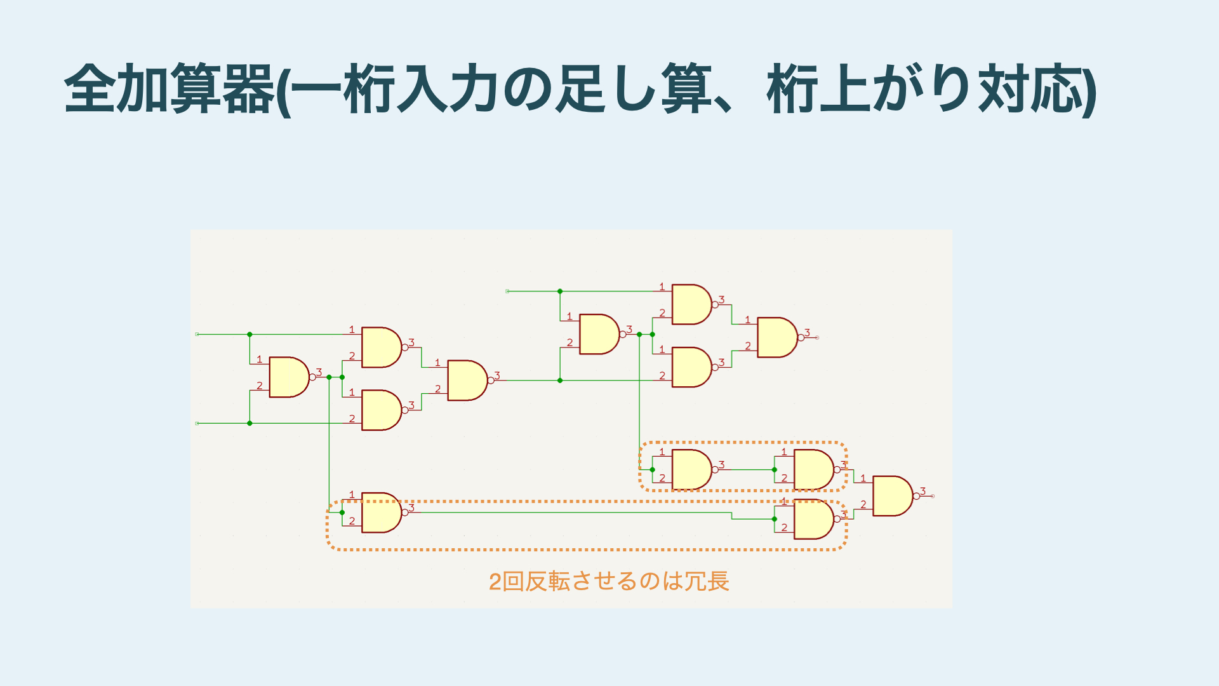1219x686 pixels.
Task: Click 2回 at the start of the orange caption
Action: point(505,581)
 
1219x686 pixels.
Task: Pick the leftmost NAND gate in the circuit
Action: point(289,377)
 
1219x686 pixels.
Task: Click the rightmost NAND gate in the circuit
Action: point(892,496)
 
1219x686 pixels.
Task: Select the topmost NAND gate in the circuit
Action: point(691,304)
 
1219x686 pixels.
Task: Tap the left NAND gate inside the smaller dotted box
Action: point(691,470)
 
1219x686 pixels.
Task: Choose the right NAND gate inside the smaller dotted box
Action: point(813,470)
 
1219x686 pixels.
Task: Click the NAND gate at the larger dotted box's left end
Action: point(381,513)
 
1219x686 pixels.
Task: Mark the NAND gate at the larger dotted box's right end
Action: point(813,520)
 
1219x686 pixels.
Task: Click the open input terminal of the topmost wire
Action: point(507,292)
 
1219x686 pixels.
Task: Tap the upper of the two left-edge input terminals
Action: point(197,334)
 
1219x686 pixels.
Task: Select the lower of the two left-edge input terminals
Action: point(197,423)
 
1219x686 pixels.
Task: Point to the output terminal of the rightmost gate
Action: point(933,496)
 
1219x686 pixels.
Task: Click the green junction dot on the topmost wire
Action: point(560,292)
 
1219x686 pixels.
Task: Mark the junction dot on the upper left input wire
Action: point(250,334)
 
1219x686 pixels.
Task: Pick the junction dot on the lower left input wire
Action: point(250,423)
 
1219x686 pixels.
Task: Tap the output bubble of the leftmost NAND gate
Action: point(312,377)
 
